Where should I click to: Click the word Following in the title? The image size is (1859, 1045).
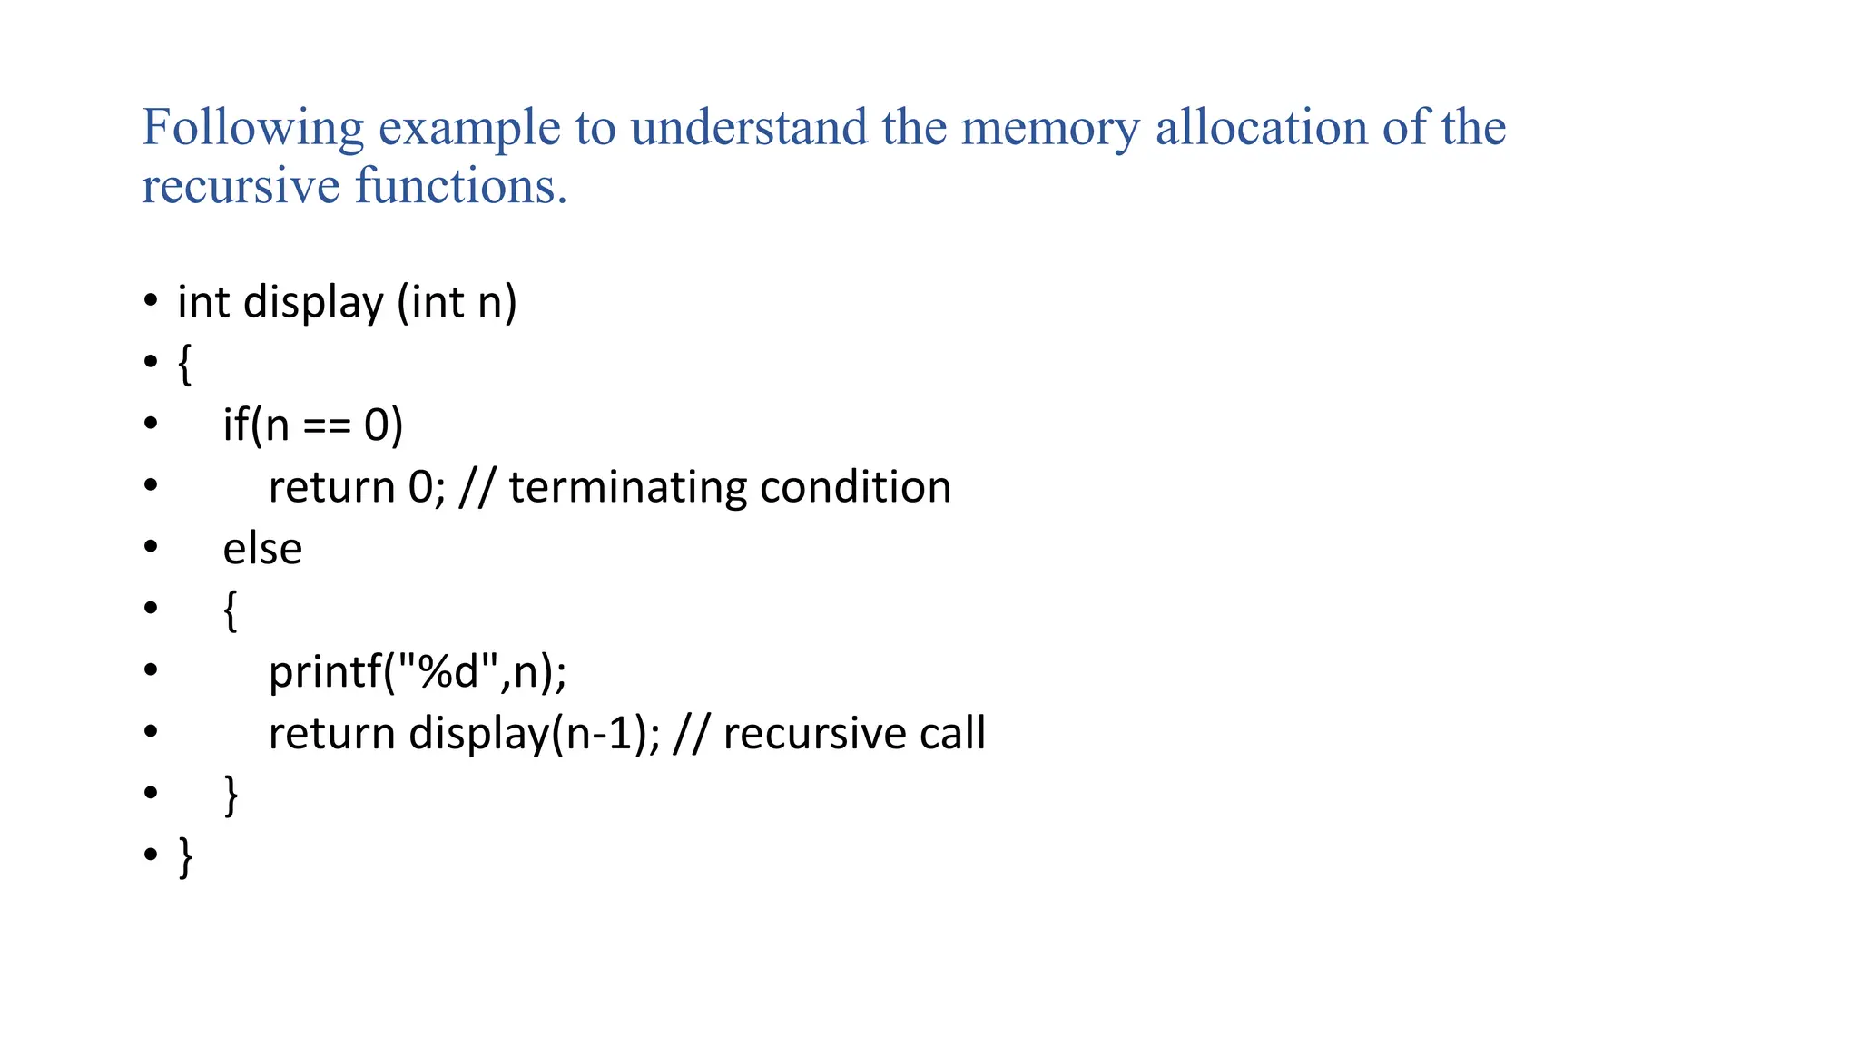pyautogui.click(x=252, y=127)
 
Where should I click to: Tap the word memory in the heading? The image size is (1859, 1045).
pyautogui.click(x=1049, y=127)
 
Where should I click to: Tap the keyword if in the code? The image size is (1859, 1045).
pyautogui.click(x=235, y=425)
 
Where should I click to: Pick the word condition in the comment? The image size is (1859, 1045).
pyautogui.click(x=855, y=487)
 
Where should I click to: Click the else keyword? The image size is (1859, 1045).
pyautogui.click(x=262, y=549)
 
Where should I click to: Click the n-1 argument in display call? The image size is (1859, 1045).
pyautogui.click(x=597, y=733)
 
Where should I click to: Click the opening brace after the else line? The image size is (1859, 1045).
pyautogui.click(x=231, y=610)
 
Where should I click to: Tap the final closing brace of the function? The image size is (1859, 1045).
pyautogui.click(x=186, y=857)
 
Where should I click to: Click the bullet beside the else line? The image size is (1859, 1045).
pyautogui.click(x=151, y=547)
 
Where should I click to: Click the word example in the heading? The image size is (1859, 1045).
pyautogui.click(x=469, y=127)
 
